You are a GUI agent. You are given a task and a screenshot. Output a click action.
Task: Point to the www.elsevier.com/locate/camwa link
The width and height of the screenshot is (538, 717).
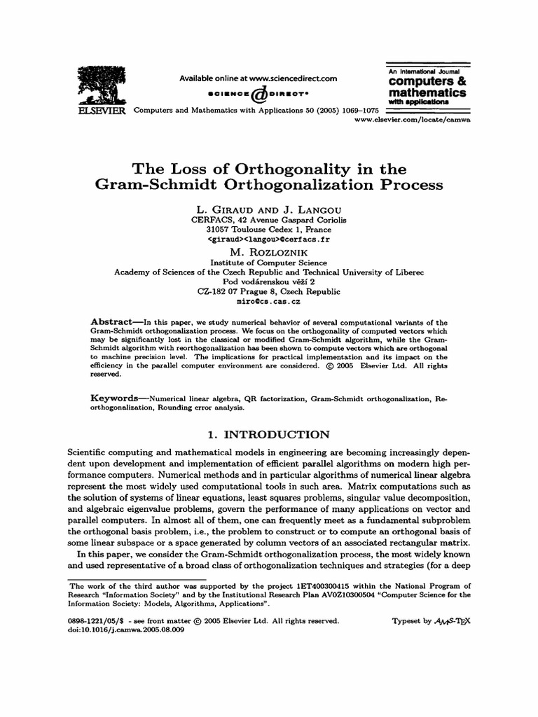pos(411,120)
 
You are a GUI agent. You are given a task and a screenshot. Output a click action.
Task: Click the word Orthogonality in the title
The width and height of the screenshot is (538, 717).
pos(289,170)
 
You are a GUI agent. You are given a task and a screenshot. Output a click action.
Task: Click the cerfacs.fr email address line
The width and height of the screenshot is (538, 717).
pos(269,239)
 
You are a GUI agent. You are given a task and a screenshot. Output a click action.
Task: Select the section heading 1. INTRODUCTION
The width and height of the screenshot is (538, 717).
pos(269,435)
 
